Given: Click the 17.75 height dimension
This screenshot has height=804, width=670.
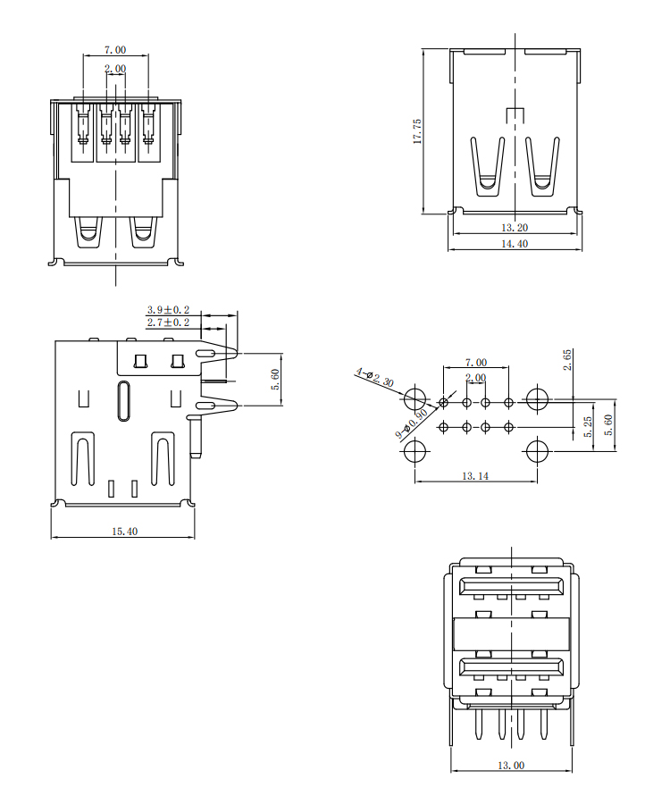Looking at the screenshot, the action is [417, 131].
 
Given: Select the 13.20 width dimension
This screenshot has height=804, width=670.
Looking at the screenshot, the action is [515, 227].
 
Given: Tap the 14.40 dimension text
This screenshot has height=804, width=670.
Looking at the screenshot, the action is [515, 244].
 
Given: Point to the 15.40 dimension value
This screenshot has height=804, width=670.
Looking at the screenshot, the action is [124, 532].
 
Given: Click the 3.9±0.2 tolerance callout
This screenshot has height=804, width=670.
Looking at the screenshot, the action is [168, 310].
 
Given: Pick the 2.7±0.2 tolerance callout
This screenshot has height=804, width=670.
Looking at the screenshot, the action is [168, 322].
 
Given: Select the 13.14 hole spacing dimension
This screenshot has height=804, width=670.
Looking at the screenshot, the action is [475, 476].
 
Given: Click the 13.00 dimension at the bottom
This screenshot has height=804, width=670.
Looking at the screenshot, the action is [511, 765].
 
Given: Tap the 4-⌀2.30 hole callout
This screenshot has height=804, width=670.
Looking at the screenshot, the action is [374, 377].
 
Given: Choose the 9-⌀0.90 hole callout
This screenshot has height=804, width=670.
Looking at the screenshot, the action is [412, 424].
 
